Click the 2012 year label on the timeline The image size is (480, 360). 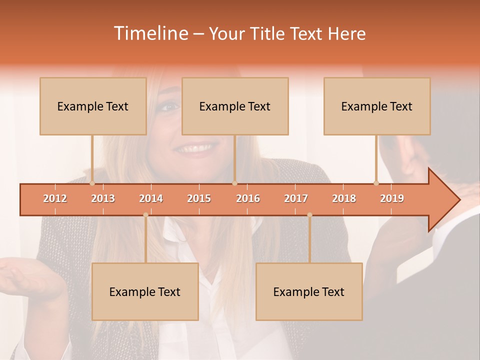click(x=55, y=198)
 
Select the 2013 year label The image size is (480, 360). click(x=103, y=198)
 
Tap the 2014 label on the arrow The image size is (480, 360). click(x=151, y=198)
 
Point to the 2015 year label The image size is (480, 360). click(x=199, y=198)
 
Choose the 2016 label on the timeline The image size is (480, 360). click(x=248, y=198)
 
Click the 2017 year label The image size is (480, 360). click(x=296, y=198)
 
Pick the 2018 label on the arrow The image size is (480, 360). click(x=344, y=198)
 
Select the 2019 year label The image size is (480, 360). click(x=392, y=198)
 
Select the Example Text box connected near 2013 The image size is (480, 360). click(x=93, y=106)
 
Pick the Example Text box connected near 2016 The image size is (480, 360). click(x=235, y=106)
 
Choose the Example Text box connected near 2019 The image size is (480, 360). click(x=377, y=106)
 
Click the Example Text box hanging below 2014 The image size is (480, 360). click(x=145, y=291)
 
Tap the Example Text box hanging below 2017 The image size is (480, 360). click(x=309, y=291)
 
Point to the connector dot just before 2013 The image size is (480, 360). click(x=92, y=183)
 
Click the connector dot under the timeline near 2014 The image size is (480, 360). click(x=145, y=214)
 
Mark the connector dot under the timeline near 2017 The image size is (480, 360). click(x=309, y=214)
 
